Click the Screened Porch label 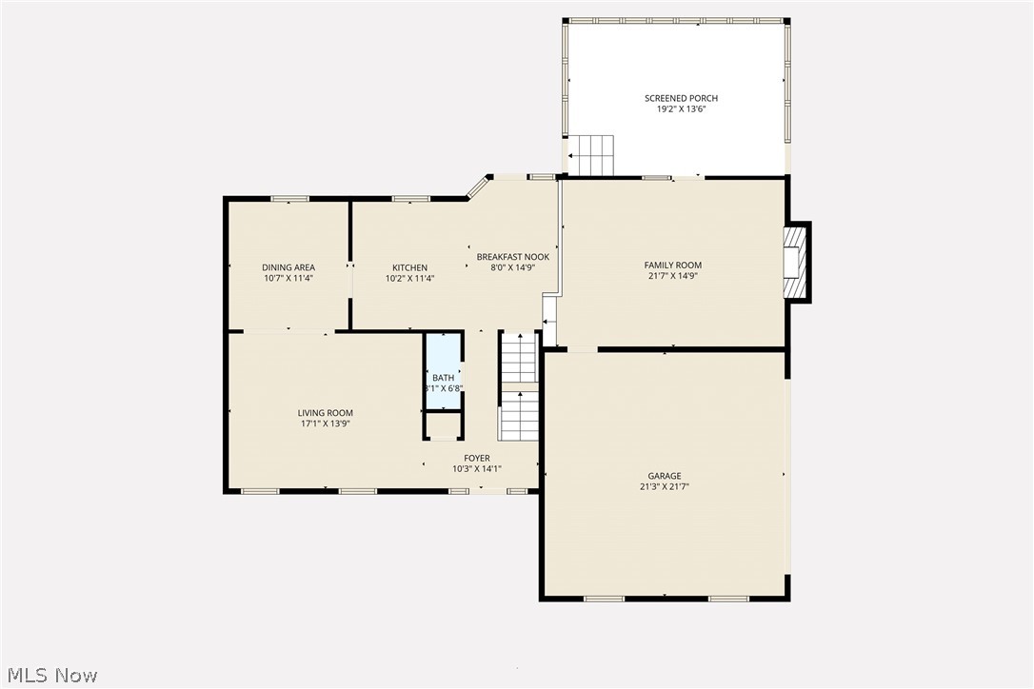pos(681,98)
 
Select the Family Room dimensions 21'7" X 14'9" pos(673,277)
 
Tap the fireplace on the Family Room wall pos(794,263)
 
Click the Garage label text pos(665,476)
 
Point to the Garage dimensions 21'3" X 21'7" pos(665,486)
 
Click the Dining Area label pos(288,267)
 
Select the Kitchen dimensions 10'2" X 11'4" pos(410,279)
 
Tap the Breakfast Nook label pos(513,257)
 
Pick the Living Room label pos(325,413)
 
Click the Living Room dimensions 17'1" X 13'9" pos(325,424)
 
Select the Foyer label pos(477,458)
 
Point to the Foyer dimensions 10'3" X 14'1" pos(477,469)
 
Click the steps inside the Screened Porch pos(591,155)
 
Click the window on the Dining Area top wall pos(289,199)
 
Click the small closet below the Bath pos(443,424)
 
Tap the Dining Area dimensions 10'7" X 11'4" pos(288,279)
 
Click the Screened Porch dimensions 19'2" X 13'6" pos(681,109)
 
